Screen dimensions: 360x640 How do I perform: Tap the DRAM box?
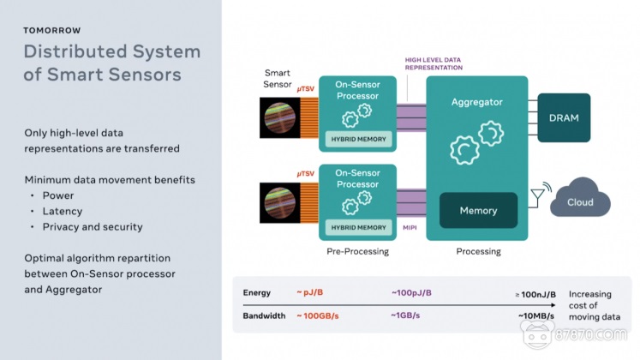tap(564, 117)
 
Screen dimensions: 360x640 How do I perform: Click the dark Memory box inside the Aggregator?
tap(478, 211)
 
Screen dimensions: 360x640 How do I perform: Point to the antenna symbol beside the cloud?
tap(535, 196)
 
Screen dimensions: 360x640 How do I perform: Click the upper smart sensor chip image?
tap(280, 118)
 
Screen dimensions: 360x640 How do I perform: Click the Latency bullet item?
tap(62, 211)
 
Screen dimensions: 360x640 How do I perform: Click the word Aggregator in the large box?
tap(478, 102)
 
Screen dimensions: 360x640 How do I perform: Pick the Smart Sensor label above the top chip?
tap(278, 80)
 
